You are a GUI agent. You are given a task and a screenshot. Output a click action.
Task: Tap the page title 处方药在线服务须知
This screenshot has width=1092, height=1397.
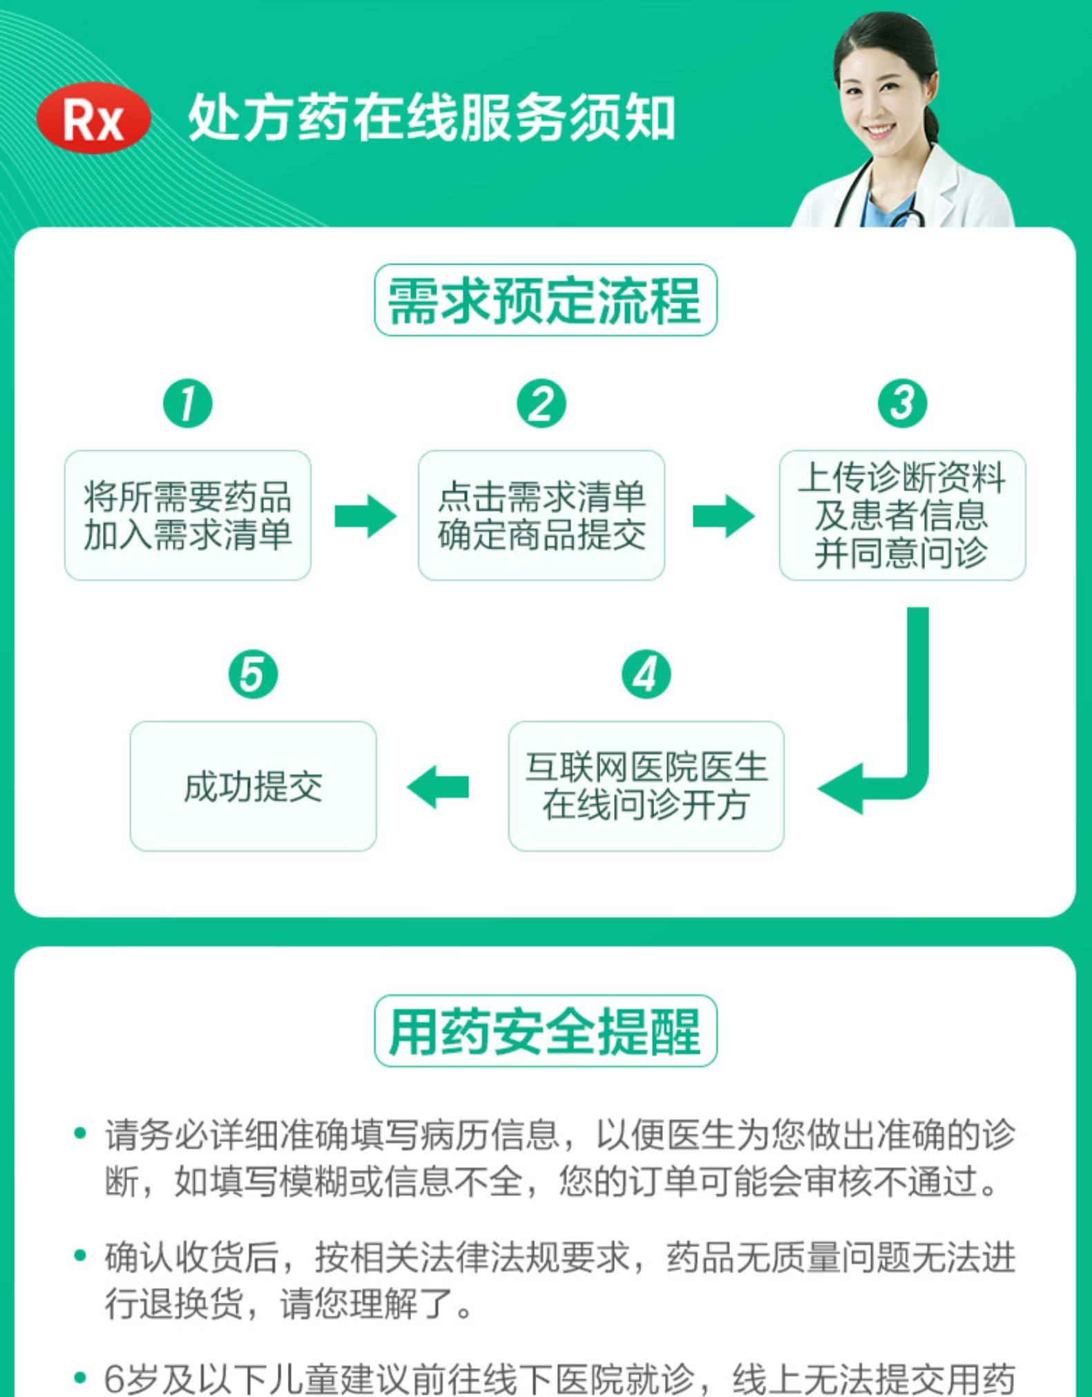click(431, 118)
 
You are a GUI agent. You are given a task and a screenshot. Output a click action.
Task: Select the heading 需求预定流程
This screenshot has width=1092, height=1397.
click(545, 300)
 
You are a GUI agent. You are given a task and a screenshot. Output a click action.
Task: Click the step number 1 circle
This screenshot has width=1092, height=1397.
click(187, 404)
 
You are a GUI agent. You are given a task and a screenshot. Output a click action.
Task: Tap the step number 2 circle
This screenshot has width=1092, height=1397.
click(541, 404)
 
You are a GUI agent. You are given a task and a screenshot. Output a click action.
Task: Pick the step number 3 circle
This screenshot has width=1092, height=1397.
click(902, 404)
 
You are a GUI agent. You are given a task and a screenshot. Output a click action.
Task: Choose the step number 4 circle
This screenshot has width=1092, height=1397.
click(646, 675)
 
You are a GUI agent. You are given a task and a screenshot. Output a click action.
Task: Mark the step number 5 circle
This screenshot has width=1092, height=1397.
click(253, 675)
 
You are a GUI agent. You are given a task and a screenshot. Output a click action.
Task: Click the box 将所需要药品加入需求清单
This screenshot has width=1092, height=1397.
click(187, 515)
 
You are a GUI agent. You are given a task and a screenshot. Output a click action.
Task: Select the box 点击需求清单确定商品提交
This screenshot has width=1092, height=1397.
click(541, 515)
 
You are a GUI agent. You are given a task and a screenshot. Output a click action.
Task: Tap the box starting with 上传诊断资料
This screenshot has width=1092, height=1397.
click(902, 515)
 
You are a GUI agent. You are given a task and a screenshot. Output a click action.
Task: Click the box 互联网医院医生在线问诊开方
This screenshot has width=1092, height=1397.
click(646, 786)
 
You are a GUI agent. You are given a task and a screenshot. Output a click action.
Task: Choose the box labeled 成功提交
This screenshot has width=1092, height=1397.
click(253, 786)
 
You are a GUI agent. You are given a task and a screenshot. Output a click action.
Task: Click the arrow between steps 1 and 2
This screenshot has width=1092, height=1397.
click(365, 516)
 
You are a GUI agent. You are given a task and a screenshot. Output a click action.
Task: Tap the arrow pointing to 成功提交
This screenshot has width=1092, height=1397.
click(438, 787)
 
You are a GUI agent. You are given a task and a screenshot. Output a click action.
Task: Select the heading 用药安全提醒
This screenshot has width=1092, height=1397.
click(545, 1031)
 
